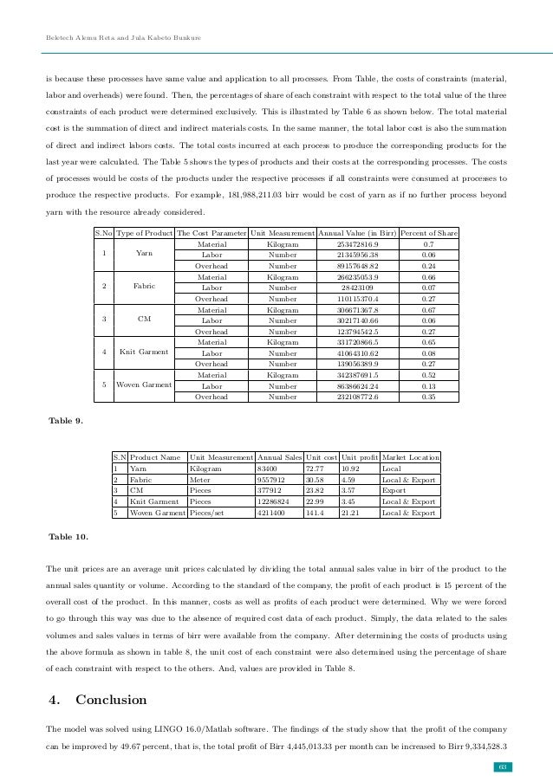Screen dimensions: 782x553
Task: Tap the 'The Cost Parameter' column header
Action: point(211,234)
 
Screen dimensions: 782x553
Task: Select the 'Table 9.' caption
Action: point(67,421)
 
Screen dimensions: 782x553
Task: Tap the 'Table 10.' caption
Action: point(68,537)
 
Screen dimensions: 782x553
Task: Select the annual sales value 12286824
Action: point(278,501)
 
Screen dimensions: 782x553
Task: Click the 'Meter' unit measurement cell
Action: point(200,479)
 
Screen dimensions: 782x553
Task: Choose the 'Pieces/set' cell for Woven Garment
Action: point(209,512)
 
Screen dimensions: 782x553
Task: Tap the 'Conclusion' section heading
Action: point(112,699)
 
